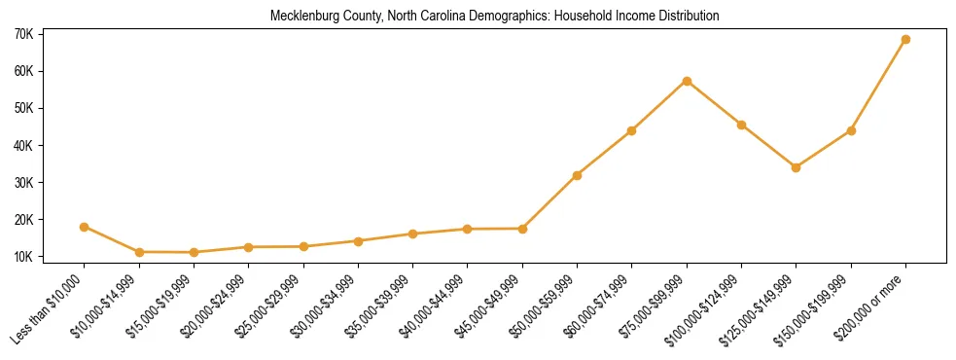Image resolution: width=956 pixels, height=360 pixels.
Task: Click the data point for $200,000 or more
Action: [x=905, y=40]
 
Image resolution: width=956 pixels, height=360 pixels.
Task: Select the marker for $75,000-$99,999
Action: [x=687, y=81]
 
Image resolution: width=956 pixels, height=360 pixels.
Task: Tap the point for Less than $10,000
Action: [x=85, y=227]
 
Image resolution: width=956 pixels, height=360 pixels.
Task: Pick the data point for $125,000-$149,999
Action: [x=797, y=167]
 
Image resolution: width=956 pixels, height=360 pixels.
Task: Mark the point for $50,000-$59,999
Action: [x=578, y=175]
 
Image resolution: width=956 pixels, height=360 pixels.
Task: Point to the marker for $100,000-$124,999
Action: [x=741, y=125]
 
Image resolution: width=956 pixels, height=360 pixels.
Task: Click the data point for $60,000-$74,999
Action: [x=632, y=130]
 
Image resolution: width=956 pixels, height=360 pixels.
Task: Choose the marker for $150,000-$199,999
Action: [x=851, y=130]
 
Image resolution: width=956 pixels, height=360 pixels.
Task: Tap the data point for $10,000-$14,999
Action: [x=139, y=252]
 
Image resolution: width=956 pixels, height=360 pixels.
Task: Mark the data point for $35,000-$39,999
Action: [x=413, y=234]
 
